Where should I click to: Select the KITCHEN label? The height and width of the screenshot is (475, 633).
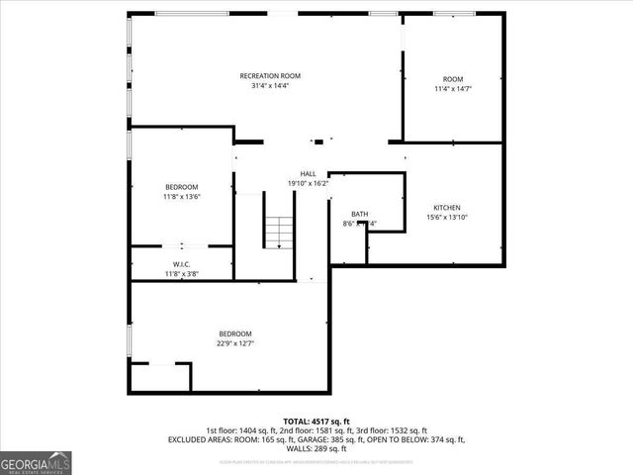[446, 208]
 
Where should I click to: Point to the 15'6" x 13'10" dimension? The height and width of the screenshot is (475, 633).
[446, 218]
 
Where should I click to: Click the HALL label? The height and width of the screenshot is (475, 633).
[308, 174]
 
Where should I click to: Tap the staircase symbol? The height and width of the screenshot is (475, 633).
[279, 233]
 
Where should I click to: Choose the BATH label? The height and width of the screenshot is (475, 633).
[359, 215]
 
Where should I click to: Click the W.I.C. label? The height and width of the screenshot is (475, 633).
[181, 264]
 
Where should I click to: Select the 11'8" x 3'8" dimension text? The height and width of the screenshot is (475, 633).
[181, 273]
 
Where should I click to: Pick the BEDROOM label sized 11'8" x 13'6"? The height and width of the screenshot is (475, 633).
[182, 187]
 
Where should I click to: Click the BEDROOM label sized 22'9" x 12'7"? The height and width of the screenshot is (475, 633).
[235, 333]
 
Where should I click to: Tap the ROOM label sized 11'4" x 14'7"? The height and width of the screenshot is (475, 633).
[453, 79]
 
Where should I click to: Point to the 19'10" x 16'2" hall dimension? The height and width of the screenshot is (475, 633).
[308, 183]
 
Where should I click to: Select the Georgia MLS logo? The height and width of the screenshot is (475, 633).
[36, 462]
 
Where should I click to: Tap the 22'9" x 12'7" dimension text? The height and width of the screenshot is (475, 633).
[235, 343]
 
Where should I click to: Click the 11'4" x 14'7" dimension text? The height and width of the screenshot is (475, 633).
[453, 89]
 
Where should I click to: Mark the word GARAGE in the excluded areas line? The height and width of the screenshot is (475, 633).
[299, 439]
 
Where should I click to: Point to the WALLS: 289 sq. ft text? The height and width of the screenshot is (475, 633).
[316, 448]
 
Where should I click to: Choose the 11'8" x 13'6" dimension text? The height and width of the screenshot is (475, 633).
[182, 197]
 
